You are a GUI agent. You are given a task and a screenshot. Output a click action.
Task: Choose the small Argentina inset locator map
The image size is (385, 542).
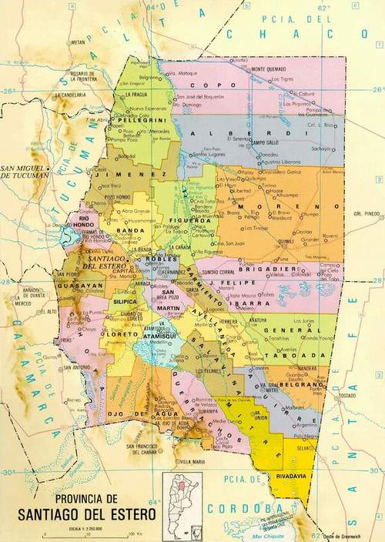pos(182,500)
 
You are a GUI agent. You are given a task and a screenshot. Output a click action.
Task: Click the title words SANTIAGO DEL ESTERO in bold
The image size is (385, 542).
pos(89,513)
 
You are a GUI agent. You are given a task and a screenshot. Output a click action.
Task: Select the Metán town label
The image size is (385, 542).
pos(77,42)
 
